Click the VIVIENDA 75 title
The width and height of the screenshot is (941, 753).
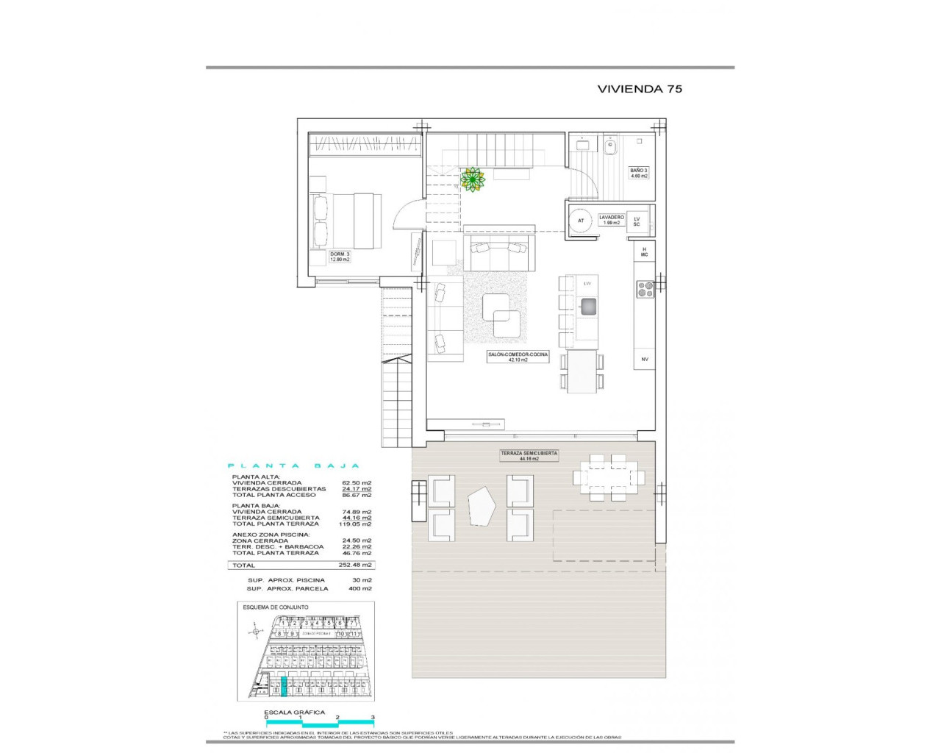click(x=640, y=89)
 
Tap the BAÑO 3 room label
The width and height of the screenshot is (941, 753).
click(x=639, y=173)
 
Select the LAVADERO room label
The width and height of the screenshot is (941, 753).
click(x=611, y=219)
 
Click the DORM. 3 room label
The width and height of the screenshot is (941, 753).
click(x=340, y=257)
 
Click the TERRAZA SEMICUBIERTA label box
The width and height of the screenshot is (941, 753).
click(x=529, y=456)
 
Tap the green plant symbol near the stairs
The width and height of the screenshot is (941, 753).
click(x=471, y=179)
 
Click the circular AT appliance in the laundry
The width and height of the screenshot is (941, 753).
click(x=581, y=221)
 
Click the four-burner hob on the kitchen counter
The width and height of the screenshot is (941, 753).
click(x=645, y=289)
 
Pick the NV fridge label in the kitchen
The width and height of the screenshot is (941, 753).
click(x=644, y=359)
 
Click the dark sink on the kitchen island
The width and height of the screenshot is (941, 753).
click(x=588, y=307)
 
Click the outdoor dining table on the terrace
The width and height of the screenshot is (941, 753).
click(x=608, y=478)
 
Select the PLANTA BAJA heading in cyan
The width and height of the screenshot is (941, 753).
click(x=293, y=465)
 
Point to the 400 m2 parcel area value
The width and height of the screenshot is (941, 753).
click(x=360, y=588)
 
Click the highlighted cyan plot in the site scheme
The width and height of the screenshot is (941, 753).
click(x=285, y=687)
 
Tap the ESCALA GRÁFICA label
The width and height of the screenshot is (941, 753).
click(x=294, y=712)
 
